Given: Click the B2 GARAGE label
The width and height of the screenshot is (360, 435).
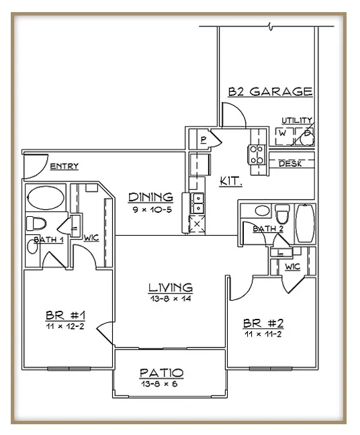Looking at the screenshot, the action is point(270,91).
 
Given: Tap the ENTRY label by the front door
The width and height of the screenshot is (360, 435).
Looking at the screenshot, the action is point(64,166).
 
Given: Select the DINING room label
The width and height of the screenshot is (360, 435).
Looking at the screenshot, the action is point(150,197).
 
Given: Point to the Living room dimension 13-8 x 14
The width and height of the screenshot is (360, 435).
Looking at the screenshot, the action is point(171,299).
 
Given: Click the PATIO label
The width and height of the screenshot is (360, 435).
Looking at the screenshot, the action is point(162,373).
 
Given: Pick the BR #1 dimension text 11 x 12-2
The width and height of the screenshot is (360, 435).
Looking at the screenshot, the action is point(65,326).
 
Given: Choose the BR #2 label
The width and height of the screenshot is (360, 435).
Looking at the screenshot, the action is point(263,323).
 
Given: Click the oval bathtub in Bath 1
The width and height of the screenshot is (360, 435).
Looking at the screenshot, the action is point(46,197).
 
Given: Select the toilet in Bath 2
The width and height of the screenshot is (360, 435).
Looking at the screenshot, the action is point(282,213).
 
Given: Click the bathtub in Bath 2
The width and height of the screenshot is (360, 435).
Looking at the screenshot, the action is point(306,224).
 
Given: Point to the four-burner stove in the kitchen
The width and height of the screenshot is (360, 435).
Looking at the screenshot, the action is point(257,155).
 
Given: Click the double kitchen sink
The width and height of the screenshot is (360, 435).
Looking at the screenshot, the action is point(197,203).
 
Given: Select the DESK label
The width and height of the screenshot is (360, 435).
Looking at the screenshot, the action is point(290,164).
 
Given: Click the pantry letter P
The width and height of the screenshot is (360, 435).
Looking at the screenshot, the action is point(204,140).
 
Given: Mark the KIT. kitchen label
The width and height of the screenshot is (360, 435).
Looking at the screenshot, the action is point(231,181).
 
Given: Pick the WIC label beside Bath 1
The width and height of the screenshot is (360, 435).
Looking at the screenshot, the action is point(91,238).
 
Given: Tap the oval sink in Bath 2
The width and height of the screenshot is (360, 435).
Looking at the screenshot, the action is point(262,211).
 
